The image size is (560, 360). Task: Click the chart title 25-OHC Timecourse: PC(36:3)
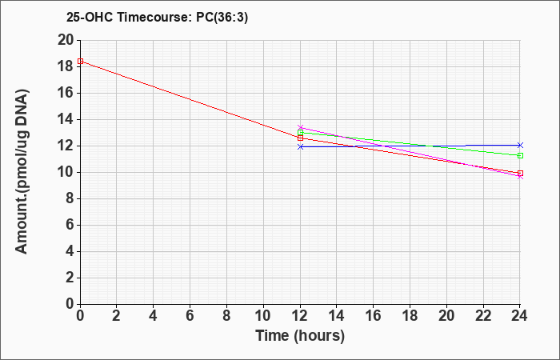[x=157, y=17]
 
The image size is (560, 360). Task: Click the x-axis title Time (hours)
[x=300, y=336]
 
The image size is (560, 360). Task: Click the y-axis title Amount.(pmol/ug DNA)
[x=22, y=172]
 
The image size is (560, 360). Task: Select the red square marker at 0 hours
[x=80, y=61]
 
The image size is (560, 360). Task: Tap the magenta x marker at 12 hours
[x=300, y=127]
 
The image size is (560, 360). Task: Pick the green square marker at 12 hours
[x=300, y=133]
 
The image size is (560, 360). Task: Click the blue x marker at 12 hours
[x=300, y=146]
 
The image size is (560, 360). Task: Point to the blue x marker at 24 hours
[x=520, y=145]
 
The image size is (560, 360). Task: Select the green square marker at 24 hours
[x=520, y=155]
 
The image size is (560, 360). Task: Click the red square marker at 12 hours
[x=300, y=138]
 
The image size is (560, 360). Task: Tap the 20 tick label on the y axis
[x=66, y=40]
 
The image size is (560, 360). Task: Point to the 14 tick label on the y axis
[x=66, y=120]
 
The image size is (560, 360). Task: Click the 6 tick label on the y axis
[x=70, y=226]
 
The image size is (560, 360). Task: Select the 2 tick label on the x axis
[x=117, y=315]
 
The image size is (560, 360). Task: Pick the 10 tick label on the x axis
[x=263, y=315]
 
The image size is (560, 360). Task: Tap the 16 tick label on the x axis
[x=374, y=315]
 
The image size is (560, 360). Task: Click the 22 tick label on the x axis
[x=483, y=315]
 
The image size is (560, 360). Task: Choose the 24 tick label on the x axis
[x=519, y=315]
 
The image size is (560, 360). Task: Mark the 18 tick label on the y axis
[x=66, y=66]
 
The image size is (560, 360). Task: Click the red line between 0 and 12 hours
[x=190, y=100]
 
